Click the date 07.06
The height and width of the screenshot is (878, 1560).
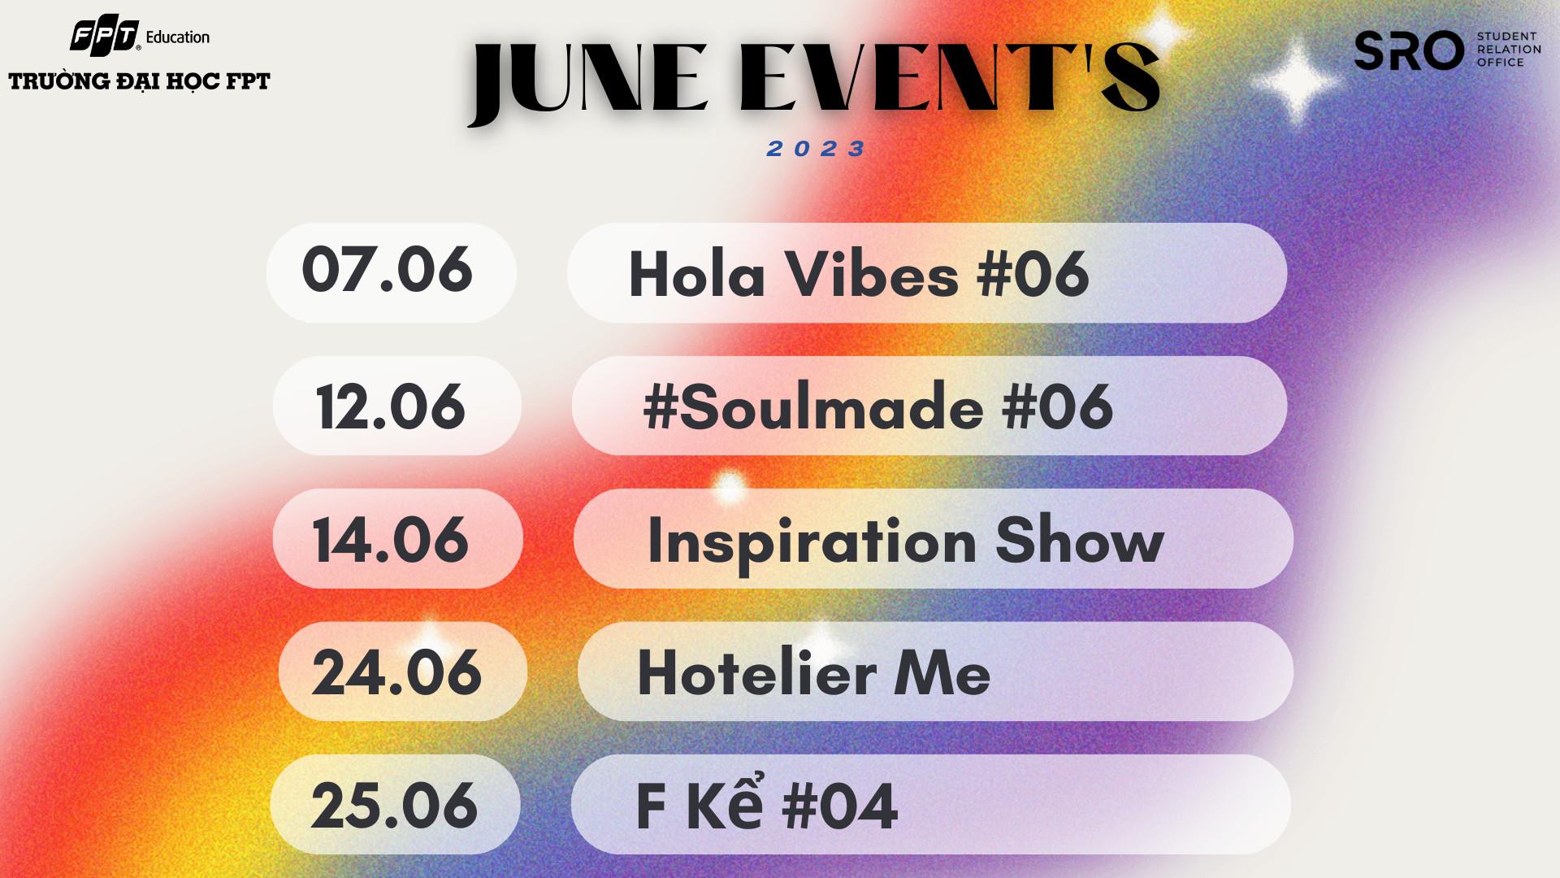tap(387, 270)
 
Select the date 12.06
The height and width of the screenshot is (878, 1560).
tap(391, 406)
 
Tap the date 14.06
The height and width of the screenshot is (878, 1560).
tap(391, 540)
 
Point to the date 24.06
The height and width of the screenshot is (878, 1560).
tap(396, 672)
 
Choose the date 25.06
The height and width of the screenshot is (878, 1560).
tap(394, 806)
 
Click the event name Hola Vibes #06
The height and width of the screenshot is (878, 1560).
tap(859, 273)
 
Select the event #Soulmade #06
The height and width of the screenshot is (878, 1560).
tap(877, 406)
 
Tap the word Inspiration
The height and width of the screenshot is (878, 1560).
tap(812, 542)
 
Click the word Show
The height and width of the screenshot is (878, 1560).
tap(1080, 539)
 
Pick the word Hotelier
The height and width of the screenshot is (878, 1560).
tap(756, 672)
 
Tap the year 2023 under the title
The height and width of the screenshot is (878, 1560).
tap(817, 149)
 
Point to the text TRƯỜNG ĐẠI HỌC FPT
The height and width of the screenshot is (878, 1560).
tap(139, 81)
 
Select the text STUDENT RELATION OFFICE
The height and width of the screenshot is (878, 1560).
tap(1509, 50)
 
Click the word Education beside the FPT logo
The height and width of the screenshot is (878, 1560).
tap(178, 37)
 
